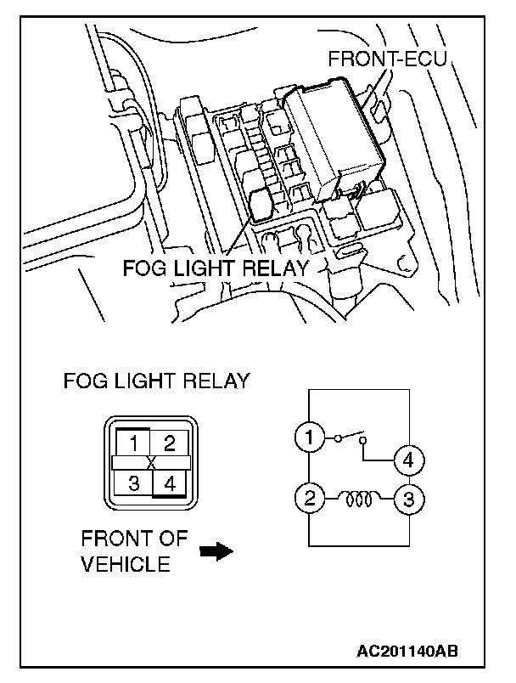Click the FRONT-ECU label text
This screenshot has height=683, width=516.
(387, 59)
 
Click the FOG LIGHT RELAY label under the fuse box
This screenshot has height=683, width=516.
(216, 268)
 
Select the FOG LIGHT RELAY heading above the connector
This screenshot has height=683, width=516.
(157, 381)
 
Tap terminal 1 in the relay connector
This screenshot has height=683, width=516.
(133, 443)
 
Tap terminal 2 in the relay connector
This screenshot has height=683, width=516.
(169, 443)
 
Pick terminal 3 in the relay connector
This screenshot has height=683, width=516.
(133, 483)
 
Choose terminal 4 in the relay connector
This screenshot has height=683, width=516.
(170, 483)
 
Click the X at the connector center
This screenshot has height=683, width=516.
(151, 463)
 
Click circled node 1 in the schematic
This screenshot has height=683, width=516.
(309, 437)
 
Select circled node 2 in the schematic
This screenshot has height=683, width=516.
(309, 498)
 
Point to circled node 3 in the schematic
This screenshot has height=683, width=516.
(408, 499)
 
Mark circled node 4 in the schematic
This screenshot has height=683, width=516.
(408, 460)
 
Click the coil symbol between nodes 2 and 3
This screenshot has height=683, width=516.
(359, 500)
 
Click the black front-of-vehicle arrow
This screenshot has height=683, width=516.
(216, 551)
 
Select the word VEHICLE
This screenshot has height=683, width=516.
(126, 564)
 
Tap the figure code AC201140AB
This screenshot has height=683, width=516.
(407, 651)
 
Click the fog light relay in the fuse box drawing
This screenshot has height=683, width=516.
(261, 204)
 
